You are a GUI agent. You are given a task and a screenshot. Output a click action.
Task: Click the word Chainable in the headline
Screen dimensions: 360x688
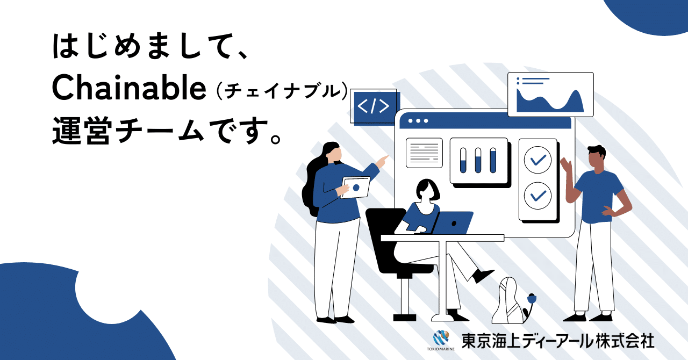click(x=130, y=89)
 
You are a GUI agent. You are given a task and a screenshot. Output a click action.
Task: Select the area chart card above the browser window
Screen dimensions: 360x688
click(x=550, y=95)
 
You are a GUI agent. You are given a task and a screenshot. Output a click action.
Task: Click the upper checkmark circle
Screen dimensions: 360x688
click(x=537, y=160)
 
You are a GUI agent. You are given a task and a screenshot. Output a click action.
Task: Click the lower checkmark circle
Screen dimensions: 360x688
click(x=537, y=196)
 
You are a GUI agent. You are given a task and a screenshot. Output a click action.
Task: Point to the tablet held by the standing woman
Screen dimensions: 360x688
click(x=355, y=188)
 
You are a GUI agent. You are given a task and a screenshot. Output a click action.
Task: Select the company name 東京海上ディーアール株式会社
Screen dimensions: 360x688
click(x=558, y=340)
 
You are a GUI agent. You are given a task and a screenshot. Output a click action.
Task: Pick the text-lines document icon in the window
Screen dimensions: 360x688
click(x=424, y=153)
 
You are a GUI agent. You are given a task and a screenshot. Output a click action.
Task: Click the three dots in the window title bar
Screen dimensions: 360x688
click(x=418, y=121)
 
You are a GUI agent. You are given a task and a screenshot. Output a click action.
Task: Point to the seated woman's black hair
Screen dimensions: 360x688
click(x=428, y=188)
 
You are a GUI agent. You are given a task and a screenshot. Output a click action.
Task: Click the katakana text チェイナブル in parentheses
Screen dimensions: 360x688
click(x=278, y=91)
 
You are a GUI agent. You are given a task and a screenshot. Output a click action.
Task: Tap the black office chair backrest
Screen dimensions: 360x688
click(x=383, y=236)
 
